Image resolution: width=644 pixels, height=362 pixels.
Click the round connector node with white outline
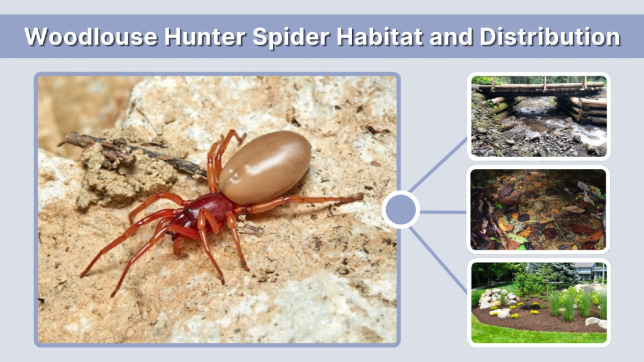click(401, 210)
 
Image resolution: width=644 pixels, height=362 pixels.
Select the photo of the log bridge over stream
click(539, 116)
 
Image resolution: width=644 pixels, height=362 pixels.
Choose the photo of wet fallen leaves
click(539, 210)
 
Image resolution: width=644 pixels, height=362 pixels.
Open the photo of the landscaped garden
click(539, 302)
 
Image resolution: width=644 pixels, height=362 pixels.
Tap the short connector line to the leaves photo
click(443, 212)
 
